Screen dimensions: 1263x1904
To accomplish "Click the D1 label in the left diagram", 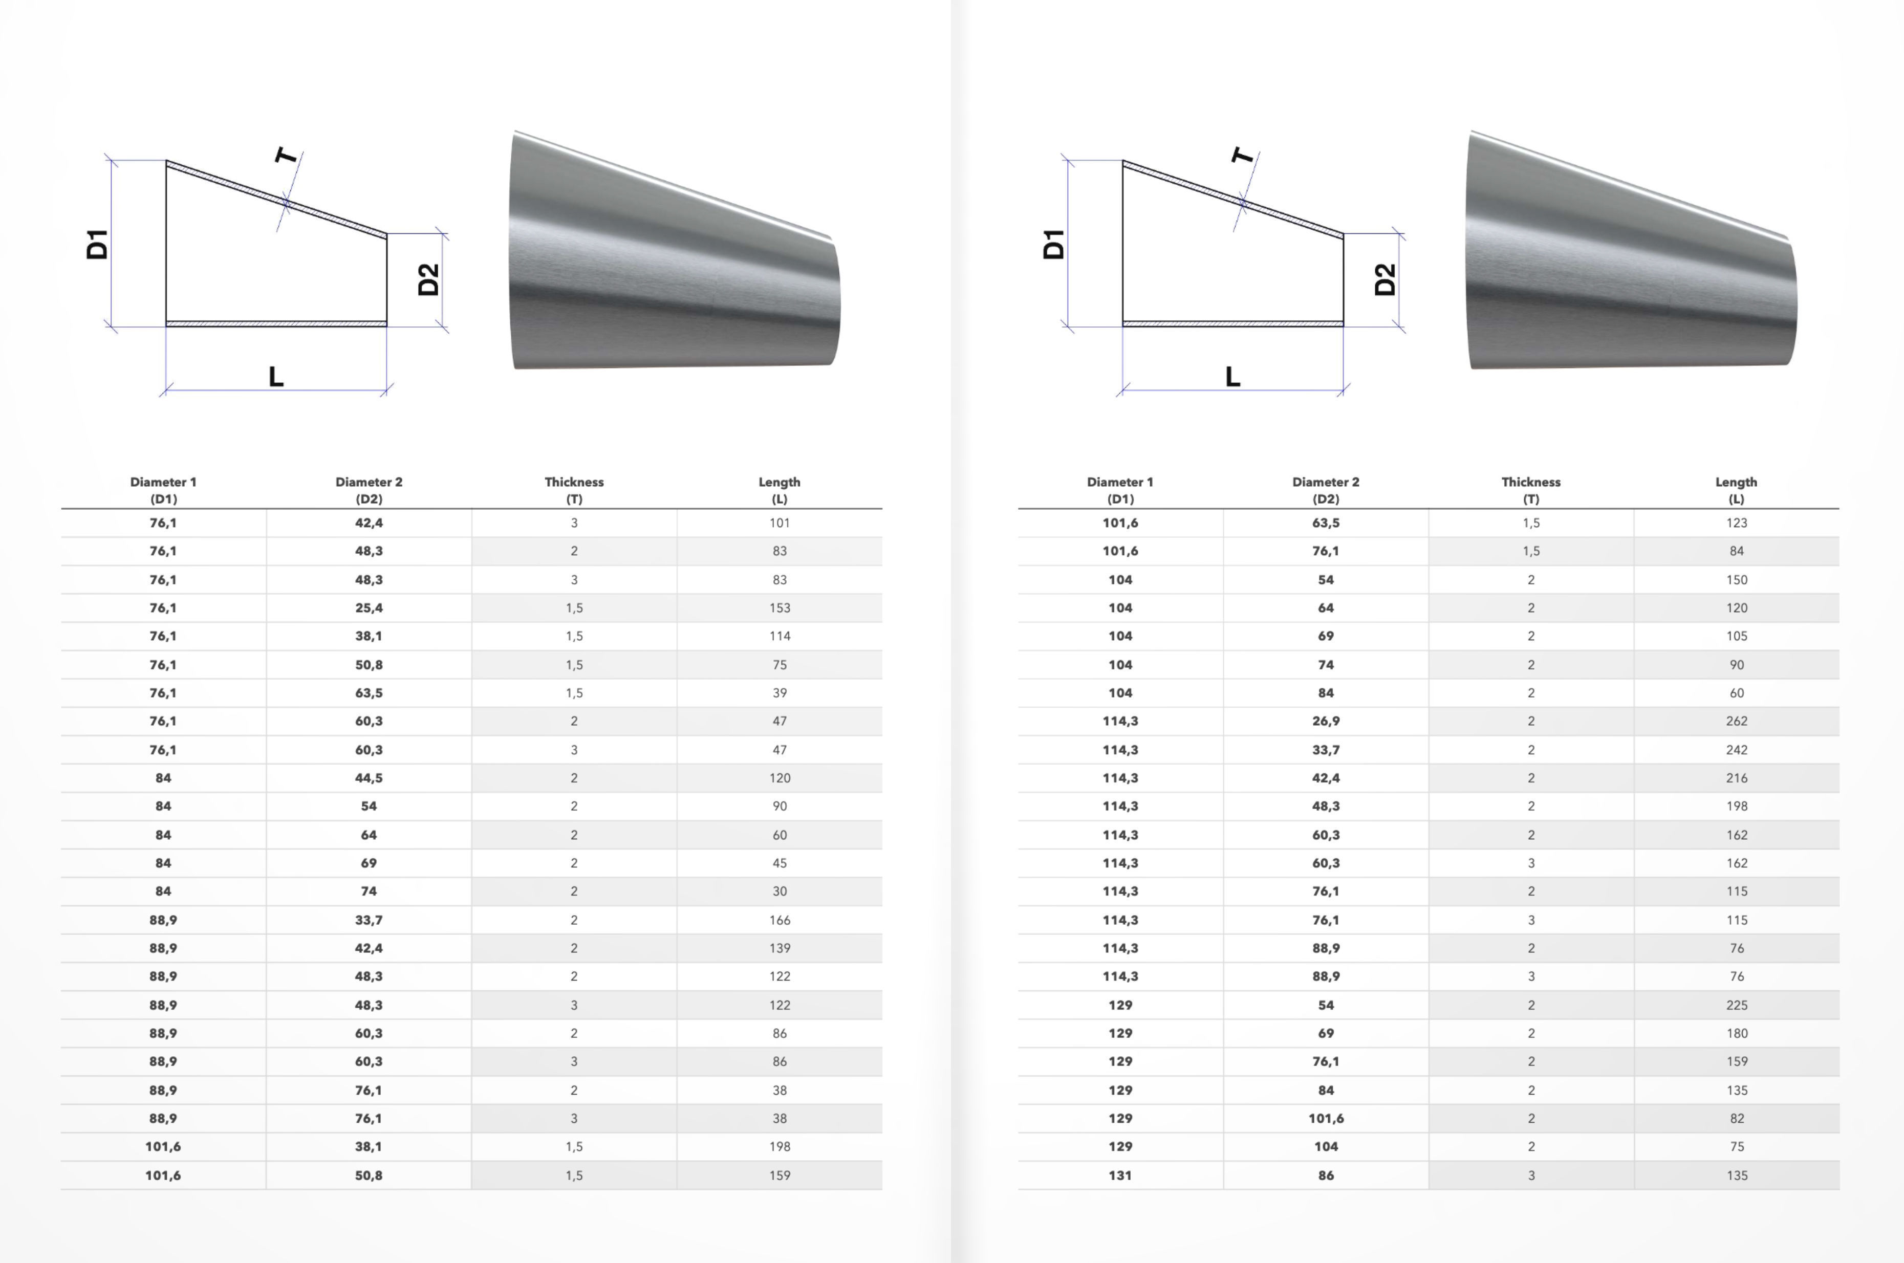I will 97,244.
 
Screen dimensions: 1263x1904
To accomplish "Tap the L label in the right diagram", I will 1232,376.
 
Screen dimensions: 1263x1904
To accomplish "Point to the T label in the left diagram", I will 286,155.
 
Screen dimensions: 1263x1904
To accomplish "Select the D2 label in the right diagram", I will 1384,279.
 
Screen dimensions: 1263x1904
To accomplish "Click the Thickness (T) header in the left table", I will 573,490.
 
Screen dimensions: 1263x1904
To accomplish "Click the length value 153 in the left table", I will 779,608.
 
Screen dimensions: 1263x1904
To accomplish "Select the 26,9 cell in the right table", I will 1326,721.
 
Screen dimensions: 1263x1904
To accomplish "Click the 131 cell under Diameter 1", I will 1119,1175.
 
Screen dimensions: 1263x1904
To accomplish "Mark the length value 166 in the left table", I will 779,920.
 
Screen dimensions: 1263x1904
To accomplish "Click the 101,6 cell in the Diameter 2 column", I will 1326,1118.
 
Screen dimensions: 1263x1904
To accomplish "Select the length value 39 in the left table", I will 779,693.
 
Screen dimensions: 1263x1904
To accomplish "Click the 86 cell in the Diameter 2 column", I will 1326,1175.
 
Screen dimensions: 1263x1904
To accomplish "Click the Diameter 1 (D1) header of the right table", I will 1119,490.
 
